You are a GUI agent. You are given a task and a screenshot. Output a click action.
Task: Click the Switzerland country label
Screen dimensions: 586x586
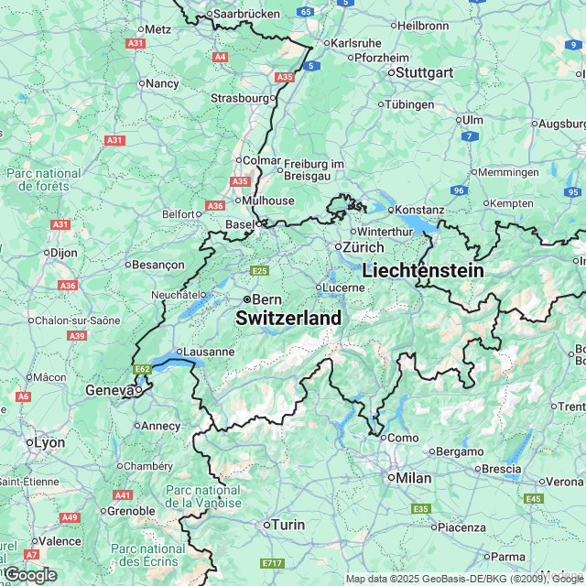288,319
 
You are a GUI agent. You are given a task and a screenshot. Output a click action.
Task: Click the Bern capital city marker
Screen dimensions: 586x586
247,299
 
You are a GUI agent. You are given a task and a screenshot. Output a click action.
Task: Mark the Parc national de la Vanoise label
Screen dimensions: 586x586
203,496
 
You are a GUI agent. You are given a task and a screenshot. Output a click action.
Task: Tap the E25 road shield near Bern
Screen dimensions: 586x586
260,270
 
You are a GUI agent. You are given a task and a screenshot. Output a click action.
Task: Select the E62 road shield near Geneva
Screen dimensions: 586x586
142,369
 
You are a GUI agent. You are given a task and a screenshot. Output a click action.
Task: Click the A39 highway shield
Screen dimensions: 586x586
77,336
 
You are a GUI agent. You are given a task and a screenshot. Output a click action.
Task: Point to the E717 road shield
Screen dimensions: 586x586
272,563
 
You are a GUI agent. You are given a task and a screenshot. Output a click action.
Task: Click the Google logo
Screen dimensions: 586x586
29,574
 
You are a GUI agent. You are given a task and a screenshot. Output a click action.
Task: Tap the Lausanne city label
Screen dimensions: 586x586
209,352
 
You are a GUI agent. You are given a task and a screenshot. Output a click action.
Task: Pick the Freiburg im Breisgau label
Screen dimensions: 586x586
313,169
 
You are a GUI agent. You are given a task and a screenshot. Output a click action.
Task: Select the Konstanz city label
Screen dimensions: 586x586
419,211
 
